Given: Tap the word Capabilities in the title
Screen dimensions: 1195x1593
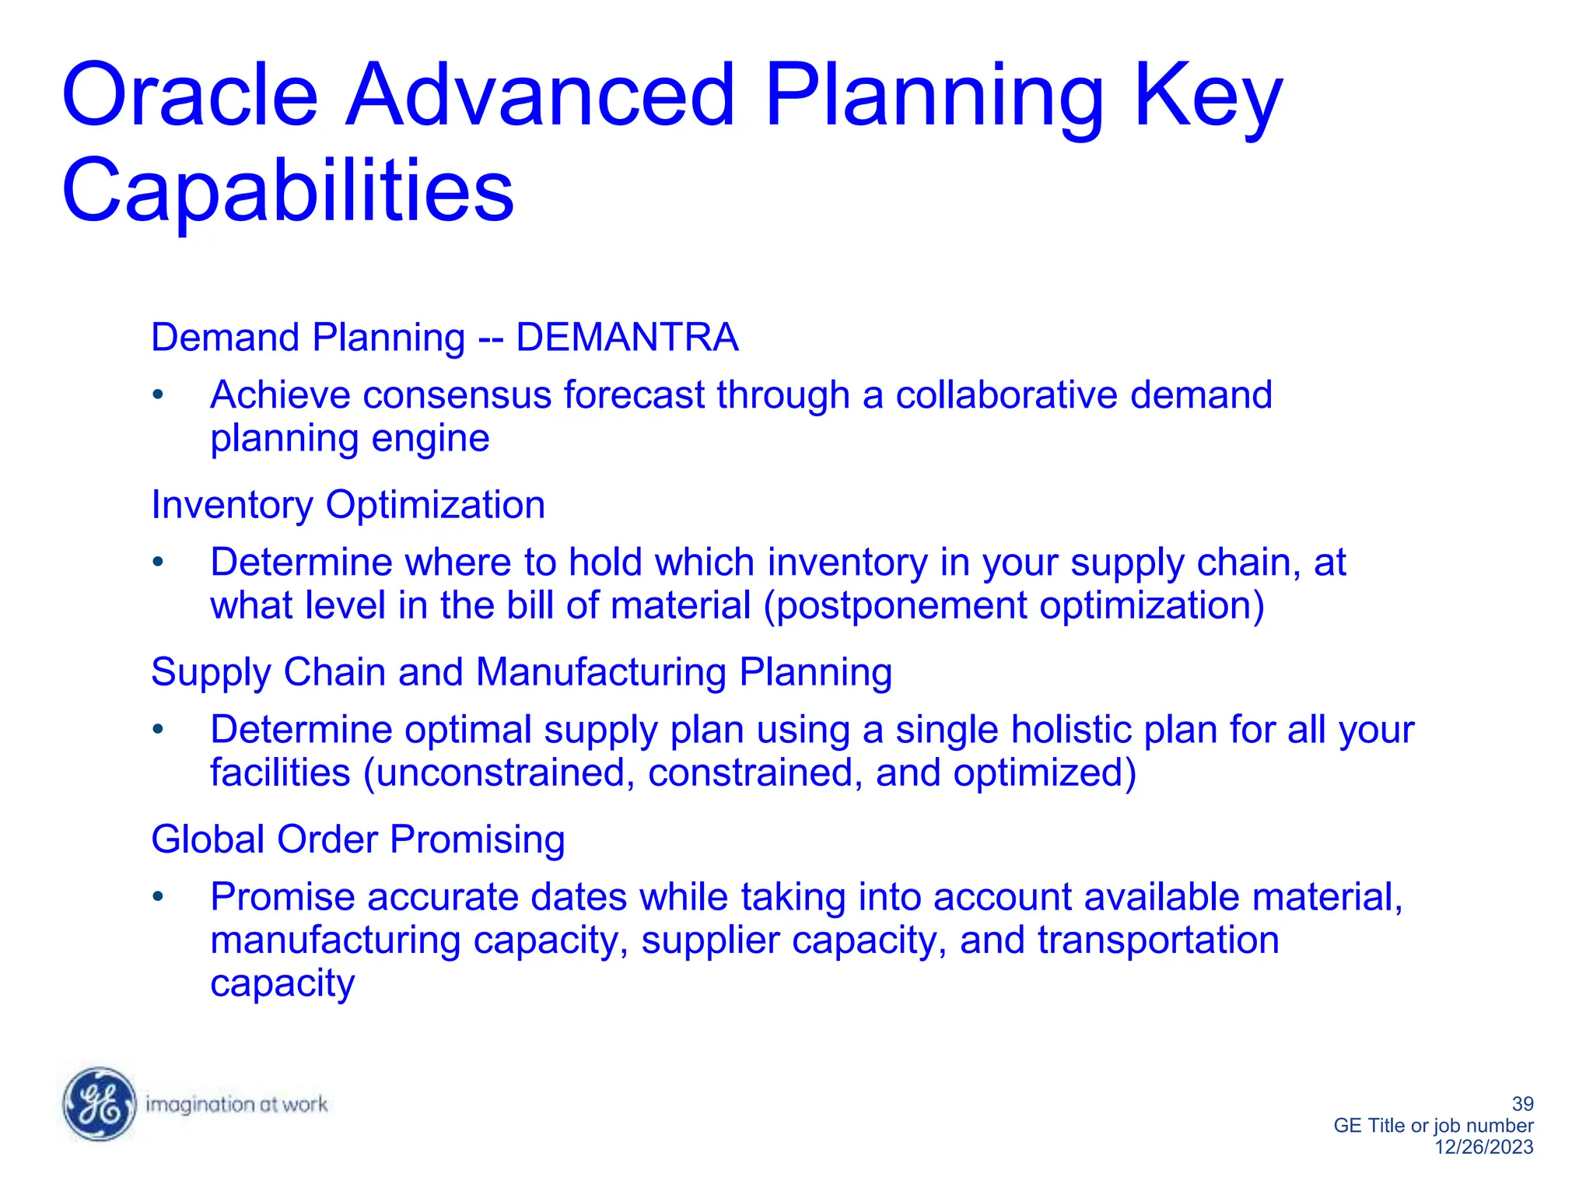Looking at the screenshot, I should pyautogui.click(x=288, y=191).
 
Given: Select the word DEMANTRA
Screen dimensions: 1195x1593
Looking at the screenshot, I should pyautogui.click(x=627, y=338).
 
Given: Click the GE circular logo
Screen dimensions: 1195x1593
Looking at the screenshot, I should pyautogui.click(x=100, y=1103).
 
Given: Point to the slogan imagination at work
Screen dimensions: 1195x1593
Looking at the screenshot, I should pyautogui.click(x=236, y=1104).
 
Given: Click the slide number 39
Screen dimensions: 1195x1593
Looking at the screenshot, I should pyautogui.click(x=1522, y=1103).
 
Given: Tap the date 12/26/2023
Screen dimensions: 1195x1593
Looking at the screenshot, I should pyautogui.click(x=1483, y=1147).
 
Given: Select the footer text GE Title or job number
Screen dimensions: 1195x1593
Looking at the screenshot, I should pyautogui.click(x=1433, y=1125).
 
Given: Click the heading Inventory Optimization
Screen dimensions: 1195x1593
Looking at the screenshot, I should pyautogui.click(x=348, y=505).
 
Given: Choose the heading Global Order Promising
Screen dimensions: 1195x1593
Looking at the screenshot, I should pyautogui.click(x=358, y=839).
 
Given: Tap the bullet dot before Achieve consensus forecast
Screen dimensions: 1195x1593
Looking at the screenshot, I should pyautogui.click(x=158, y=395).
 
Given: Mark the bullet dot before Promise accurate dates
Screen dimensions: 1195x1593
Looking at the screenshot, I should pyautogui.click(x=158, y=897).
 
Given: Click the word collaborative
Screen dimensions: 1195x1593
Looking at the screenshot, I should pyautogui.click(x=1006, y=395).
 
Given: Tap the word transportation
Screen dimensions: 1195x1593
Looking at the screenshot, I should pyautogui.click(x=1158, y=940).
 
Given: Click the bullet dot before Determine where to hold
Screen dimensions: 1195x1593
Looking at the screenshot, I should pyautogui.click(x=158, y=562).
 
